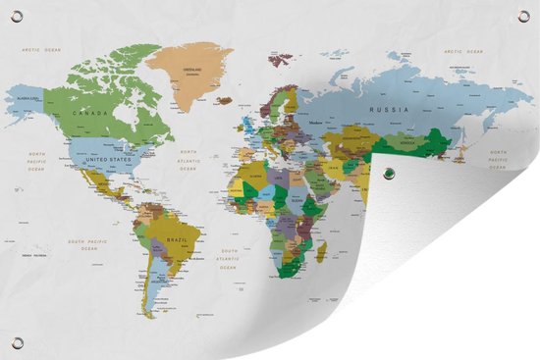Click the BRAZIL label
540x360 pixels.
[178, 239]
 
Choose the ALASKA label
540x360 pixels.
[30, 97]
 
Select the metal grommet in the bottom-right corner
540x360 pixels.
[522, 342]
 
